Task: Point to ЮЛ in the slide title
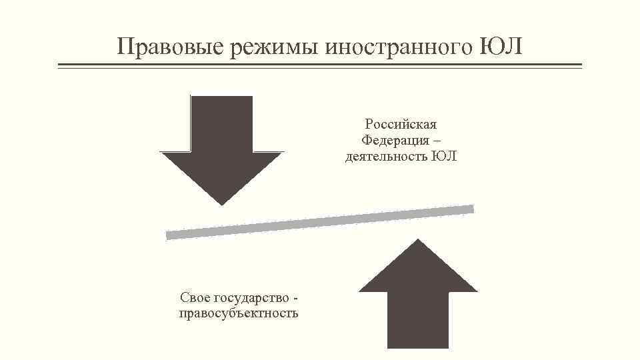point(501,47)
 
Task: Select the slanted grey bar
point(320,222)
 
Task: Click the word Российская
point(401,124)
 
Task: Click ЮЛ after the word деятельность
point(444,157)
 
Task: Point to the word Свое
point(195,297)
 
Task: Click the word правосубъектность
point(239,313)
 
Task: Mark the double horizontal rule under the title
point(320,66)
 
